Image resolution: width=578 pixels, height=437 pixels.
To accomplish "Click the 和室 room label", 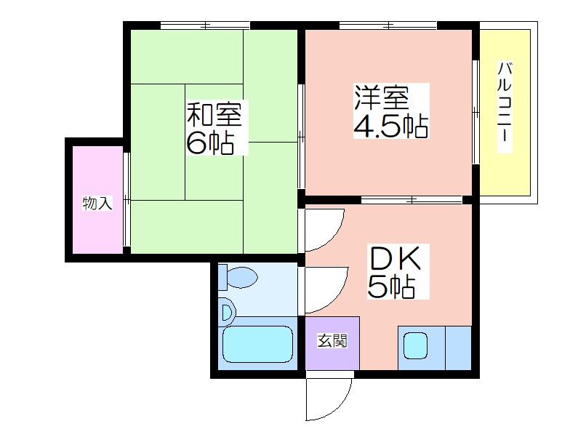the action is [214, 114].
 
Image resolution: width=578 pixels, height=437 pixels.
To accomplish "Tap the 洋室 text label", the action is [382, 97].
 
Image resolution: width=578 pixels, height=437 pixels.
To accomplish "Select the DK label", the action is [395, 258].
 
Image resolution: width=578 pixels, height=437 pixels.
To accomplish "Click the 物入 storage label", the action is [97, 203].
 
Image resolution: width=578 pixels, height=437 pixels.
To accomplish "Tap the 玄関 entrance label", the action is [332, 341].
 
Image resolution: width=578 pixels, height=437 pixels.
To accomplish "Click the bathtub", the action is [258, 344].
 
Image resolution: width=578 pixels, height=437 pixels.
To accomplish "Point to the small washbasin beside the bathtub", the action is [228, 313].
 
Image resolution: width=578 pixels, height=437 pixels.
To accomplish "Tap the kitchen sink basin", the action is [415, 345].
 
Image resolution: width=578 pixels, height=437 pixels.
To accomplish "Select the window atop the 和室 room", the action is [205, 25].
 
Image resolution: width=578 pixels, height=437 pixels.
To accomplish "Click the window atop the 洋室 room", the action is [388, 25].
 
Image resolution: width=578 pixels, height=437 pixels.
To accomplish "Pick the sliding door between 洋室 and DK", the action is [412, 200].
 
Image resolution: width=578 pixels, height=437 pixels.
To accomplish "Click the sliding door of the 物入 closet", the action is [127, 199].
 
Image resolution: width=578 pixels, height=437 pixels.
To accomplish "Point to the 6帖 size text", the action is [209, 143].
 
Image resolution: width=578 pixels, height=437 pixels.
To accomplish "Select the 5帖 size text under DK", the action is [391, 286].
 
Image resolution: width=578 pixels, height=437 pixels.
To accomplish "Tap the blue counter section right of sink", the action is [458, 348].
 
